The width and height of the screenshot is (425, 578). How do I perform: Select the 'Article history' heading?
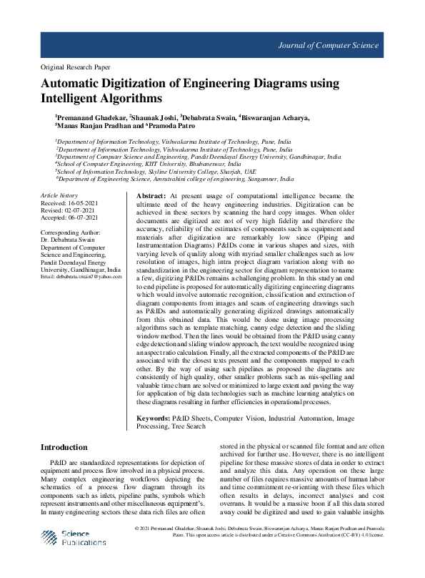(59, 195)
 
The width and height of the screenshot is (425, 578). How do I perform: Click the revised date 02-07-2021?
(82, 210)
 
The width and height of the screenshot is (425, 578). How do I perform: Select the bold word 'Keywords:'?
(154, 417)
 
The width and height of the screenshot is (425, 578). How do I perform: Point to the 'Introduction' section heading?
(64, 447)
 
